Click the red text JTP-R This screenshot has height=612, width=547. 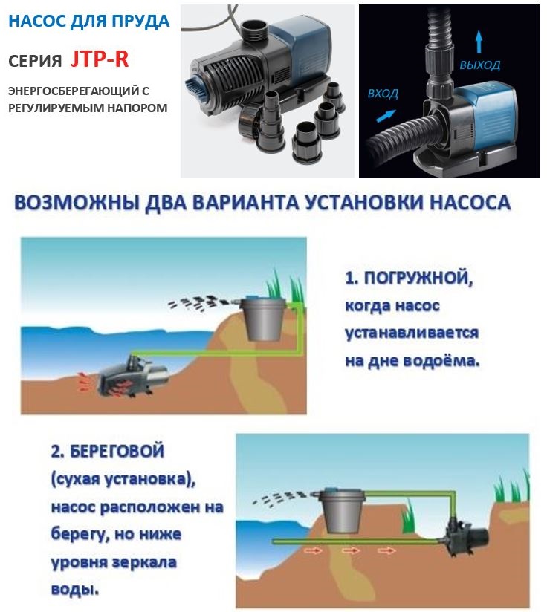click(100, 59)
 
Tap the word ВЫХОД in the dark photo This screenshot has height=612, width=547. click(480, 65)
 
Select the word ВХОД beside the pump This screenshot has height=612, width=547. click(383, 94)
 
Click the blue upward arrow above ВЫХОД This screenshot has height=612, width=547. click(479, 42)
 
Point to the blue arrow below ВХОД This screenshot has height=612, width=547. click(386, 116)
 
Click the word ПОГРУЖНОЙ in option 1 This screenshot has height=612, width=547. click(418, 279)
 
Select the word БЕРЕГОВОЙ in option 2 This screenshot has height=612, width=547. click(117, 452)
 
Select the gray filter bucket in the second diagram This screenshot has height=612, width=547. click(343, 510)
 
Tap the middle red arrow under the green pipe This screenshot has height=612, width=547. click(351, 550)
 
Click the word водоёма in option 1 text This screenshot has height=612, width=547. click(441, 361)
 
